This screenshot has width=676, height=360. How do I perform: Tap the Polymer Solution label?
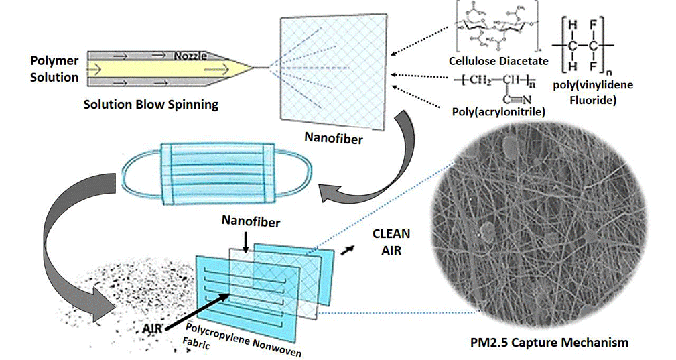point(54,69)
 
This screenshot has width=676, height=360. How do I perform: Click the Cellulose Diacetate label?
point(498,61)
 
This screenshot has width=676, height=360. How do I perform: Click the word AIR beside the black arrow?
point(152,329)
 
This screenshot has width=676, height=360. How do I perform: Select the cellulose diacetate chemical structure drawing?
point(497,29)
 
